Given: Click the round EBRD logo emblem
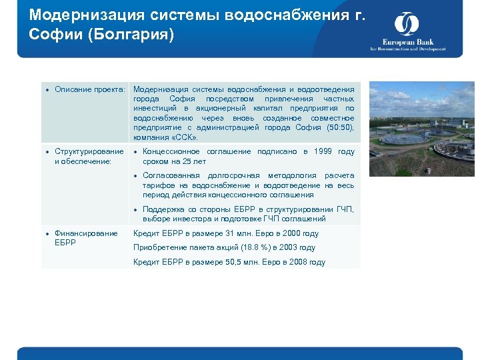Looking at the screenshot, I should point(406,25).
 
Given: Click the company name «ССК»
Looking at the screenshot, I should point(184,137).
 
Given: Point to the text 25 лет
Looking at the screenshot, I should point(194,161).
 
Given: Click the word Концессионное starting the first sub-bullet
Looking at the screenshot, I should point(171,151).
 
